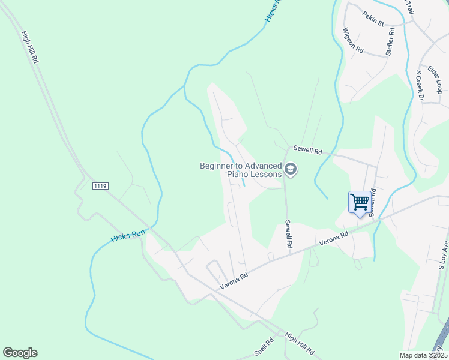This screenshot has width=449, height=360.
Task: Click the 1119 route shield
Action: [100, 187]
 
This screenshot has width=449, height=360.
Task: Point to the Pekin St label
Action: [373, 19]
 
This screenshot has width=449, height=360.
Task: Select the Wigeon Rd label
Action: [353, 40]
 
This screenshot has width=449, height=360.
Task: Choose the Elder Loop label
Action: [435, 79]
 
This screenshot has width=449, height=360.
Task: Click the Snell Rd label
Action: [264, 346]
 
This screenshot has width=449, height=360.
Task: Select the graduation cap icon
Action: [291, 170]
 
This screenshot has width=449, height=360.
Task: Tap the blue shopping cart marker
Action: [360, 202]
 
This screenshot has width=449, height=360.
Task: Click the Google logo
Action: [20, 353]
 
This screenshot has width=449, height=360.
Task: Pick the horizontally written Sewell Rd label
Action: [307, 150]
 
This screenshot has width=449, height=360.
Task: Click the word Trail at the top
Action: [410, 7]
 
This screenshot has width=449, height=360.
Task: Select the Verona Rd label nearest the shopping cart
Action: [334, 239]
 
